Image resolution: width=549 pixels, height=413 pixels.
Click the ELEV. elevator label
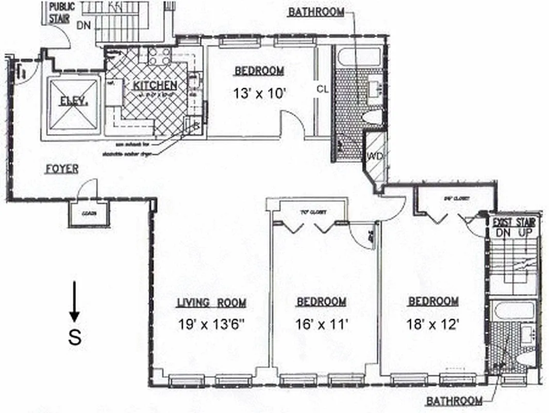coord(73,101)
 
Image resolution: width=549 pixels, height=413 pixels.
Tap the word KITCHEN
coord(155,86)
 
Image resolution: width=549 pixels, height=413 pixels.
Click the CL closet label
coord(323,89)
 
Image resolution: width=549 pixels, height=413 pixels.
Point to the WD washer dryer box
coord(373,155)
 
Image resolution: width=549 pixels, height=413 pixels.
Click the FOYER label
coord(62,169)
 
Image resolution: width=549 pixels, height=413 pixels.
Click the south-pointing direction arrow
coord(75,301)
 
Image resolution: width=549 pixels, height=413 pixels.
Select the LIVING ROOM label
coord(211,303)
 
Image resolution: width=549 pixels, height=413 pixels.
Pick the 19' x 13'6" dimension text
coord(211,325)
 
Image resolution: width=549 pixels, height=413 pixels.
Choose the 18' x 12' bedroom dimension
coord(432,324)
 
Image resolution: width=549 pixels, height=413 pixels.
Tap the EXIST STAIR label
coord(513,223)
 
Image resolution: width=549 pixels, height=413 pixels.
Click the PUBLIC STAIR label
coord(62,11)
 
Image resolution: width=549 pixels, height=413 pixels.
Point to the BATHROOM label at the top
coord(316,12)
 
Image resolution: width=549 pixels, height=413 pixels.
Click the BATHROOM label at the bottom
coord(454,401)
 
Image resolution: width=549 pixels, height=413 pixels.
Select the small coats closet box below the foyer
coord(89,214)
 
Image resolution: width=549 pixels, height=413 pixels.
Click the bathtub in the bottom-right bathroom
coord(513,311)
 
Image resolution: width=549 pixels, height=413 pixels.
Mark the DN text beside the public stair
coord(83,25)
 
